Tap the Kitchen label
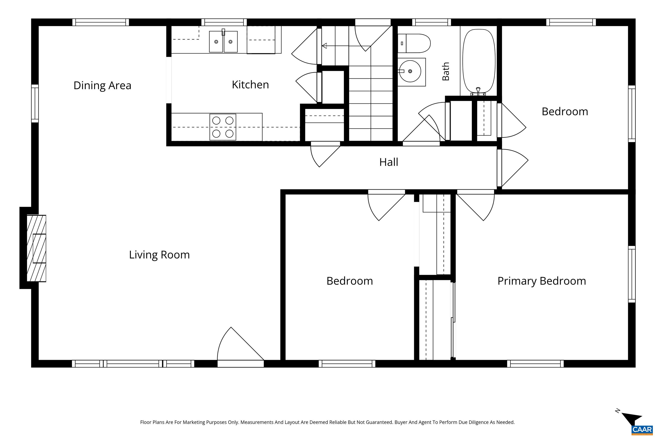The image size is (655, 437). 250,85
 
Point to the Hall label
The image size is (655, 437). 388,162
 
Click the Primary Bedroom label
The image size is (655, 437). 542,281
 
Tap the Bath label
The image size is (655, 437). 446,71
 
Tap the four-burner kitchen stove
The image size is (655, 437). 223,127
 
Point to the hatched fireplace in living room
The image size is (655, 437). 36,248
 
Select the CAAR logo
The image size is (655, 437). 642,430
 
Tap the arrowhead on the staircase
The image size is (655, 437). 324,46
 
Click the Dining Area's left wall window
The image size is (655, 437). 35,103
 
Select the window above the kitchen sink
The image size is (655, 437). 224,22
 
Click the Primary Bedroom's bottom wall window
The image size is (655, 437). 535,364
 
